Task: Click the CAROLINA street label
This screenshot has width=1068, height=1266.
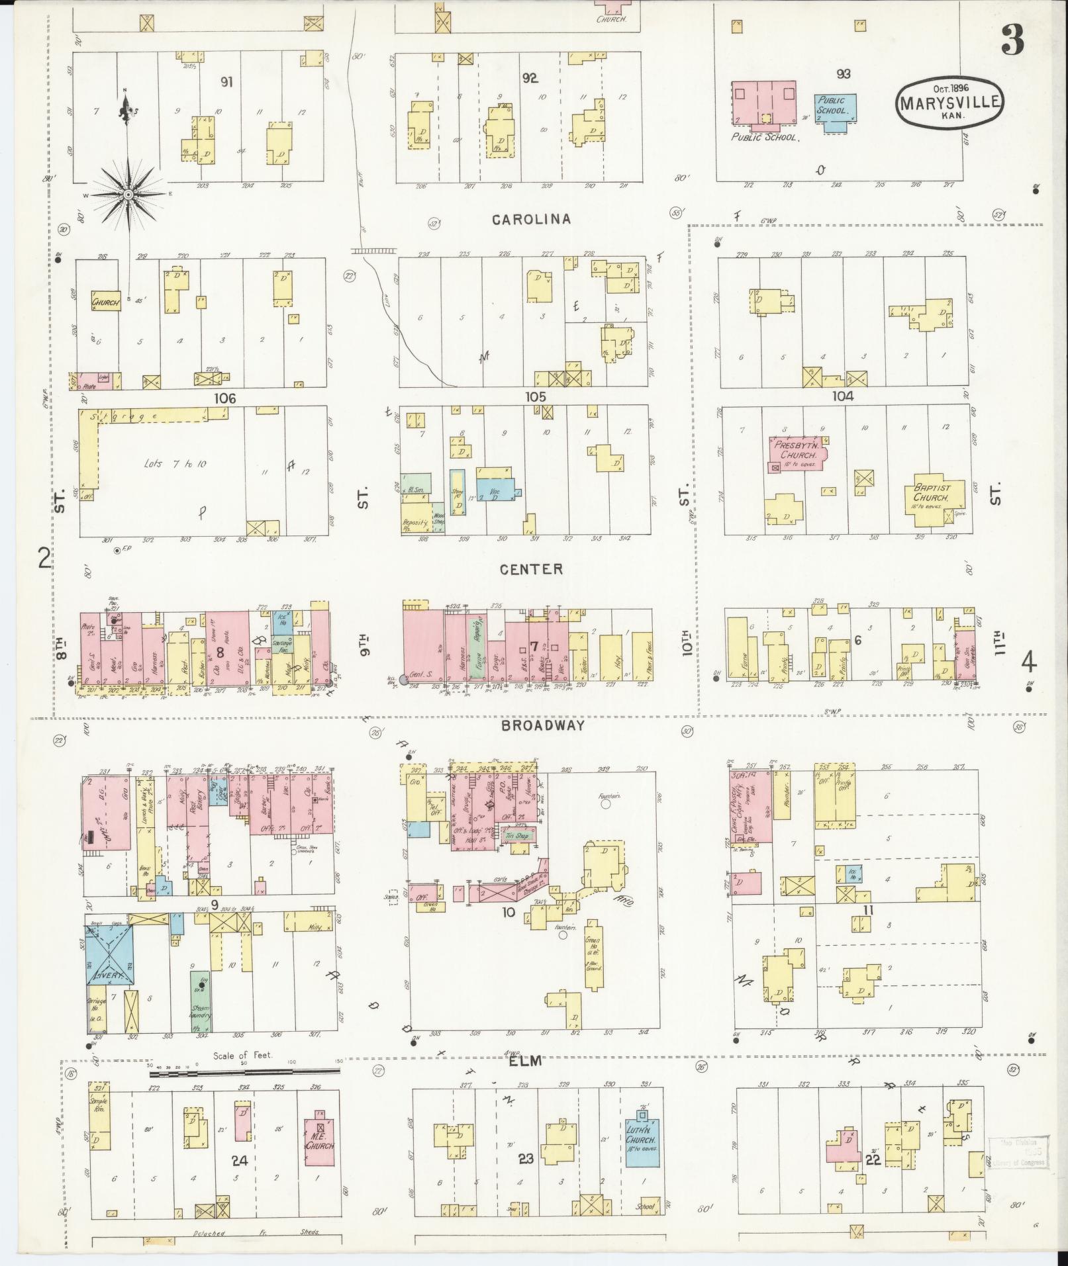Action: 532,219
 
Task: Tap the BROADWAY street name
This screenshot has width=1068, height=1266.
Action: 542,725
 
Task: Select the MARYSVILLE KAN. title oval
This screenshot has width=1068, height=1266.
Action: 950,101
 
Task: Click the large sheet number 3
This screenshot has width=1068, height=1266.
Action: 1011,42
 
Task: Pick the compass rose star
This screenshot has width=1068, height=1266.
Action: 128,195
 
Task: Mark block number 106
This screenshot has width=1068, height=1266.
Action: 224,398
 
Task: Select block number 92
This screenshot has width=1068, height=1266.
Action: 530,78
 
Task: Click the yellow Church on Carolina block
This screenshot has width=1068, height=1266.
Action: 105,302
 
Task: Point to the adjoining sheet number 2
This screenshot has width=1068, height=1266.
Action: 44,559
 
